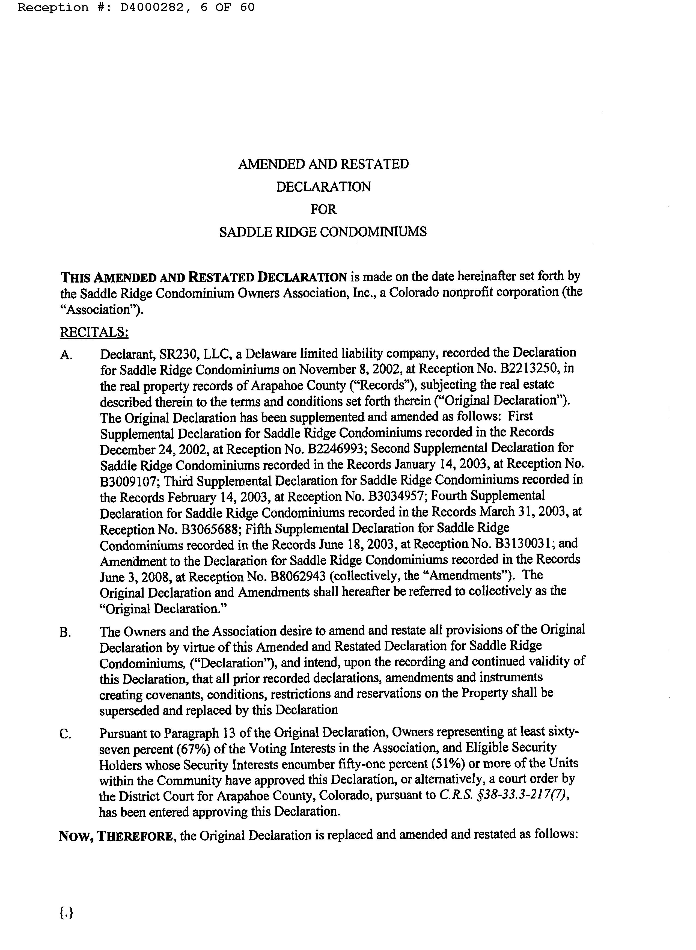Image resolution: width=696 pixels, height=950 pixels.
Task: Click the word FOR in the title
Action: coord(323,209)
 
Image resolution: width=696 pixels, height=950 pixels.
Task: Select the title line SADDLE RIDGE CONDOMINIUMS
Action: coord(323,232)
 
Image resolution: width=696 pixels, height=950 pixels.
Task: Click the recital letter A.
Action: coord(66,355)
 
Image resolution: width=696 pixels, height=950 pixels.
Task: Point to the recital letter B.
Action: coord(65,633)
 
